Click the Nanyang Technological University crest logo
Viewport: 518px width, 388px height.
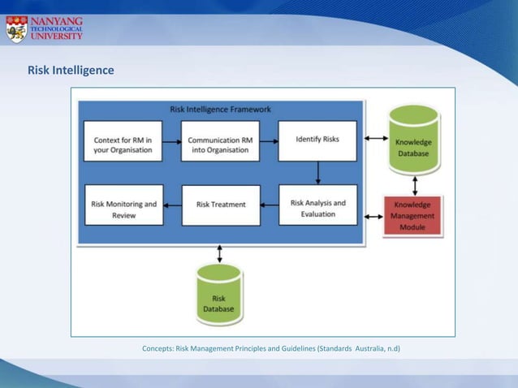[16, 28]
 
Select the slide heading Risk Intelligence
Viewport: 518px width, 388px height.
[71, 71]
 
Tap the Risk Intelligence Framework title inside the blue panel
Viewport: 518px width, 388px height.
[221, 109]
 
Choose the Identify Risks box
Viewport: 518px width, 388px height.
[317, 140]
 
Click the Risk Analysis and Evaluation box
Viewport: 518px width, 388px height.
[317, 209]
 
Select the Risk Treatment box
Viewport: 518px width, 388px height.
[221, 205]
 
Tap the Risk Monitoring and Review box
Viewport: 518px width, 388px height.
[123, 209]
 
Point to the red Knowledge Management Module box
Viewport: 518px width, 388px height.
[412, 216]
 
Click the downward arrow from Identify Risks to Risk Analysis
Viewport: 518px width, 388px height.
[317, 173]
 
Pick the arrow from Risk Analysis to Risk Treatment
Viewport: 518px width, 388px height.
[270, 205]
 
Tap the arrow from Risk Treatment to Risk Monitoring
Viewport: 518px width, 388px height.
[172, 205]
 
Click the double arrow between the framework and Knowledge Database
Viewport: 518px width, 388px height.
[376, 139]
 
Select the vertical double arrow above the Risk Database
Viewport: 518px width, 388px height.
[219, 254]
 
